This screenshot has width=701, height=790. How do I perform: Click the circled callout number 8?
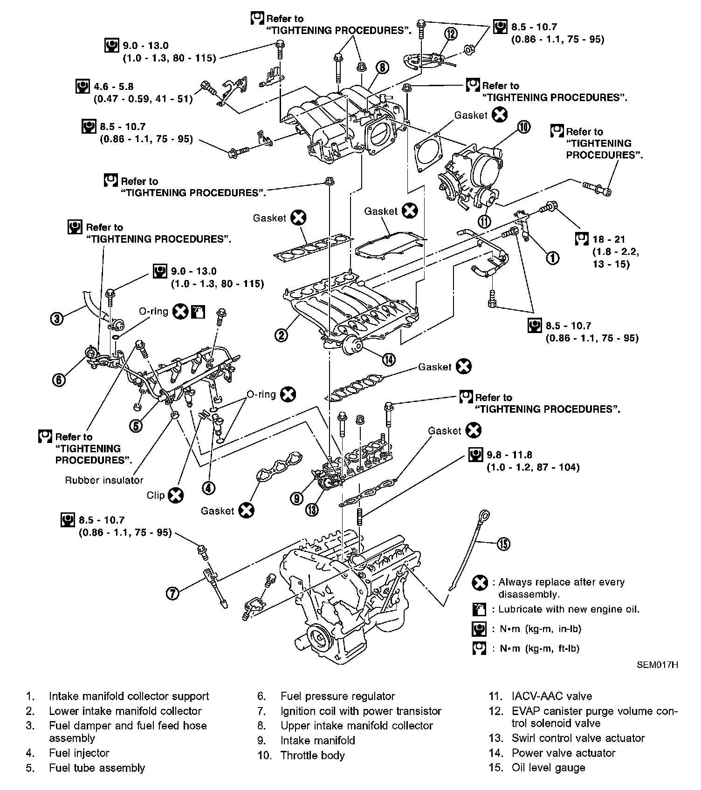(382, 68)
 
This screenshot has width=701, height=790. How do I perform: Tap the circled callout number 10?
(524, 127)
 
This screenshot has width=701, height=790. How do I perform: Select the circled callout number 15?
(504, 544)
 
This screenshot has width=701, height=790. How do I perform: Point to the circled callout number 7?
(172, 593)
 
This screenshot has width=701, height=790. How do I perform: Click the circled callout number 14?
(389, 359)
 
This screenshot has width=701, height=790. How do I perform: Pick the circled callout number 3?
(57, 319)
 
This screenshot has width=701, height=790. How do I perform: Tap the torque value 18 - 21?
(609, 239)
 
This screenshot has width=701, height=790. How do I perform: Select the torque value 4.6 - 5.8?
(114, 87)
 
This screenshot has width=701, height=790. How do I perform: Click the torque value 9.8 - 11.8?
(509, 455)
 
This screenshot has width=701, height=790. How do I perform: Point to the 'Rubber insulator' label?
(104, 480)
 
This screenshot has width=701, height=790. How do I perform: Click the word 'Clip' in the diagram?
(156, 495)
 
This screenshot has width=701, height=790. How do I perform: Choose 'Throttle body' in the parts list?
(312, 755)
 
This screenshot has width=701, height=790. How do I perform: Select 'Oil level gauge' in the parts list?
(548, 768)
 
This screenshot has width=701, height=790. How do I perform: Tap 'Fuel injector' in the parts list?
(79, 753)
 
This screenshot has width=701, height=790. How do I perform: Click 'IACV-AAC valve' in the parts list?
(552, 696)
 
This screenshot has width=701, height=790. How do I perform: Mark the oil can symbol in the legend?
(479, 609)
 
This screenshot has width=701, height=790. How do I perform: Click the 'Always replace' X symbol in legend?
(480, 583)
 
